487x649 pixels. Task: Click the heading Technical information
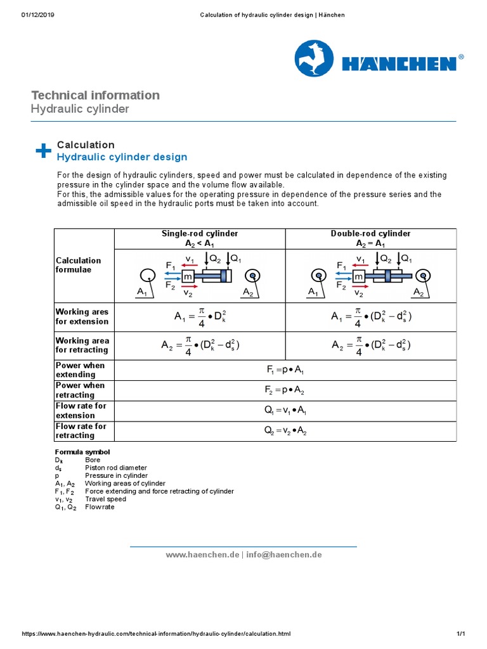[x=95, y=95]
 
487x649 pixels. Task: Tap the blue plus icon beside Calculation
[x=43, y=150]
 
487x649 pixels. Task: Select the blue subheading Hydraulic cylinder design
[x=122, y=157]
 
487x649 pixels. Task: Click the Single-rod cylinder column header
[x=200, y=238]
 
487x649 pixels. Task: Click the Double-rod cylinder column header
[x=370, y=238]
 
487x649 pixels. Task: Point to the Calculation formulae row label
[x=79, y=265]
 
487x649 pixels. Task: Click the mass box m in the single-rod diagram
[x=188, y=276]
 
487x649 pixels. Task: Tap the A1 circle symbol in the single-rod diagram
[x=147, y=275]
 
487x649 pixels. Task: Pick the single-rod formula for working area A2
[x=200, y=345]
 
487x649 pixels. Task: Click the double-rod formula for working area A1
[x=370, y=317]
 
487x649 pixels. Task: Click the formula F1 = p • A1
[x=285, y=370]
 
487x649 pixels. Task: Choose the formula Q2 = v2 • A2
[x=285, y=431]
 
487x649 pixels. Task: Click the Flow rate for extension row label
[x=81, y=411]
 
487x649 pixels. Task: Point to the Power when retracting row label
[x=81, y=390]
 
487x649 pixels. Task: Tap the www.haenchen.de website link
[x=202, y=555]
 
